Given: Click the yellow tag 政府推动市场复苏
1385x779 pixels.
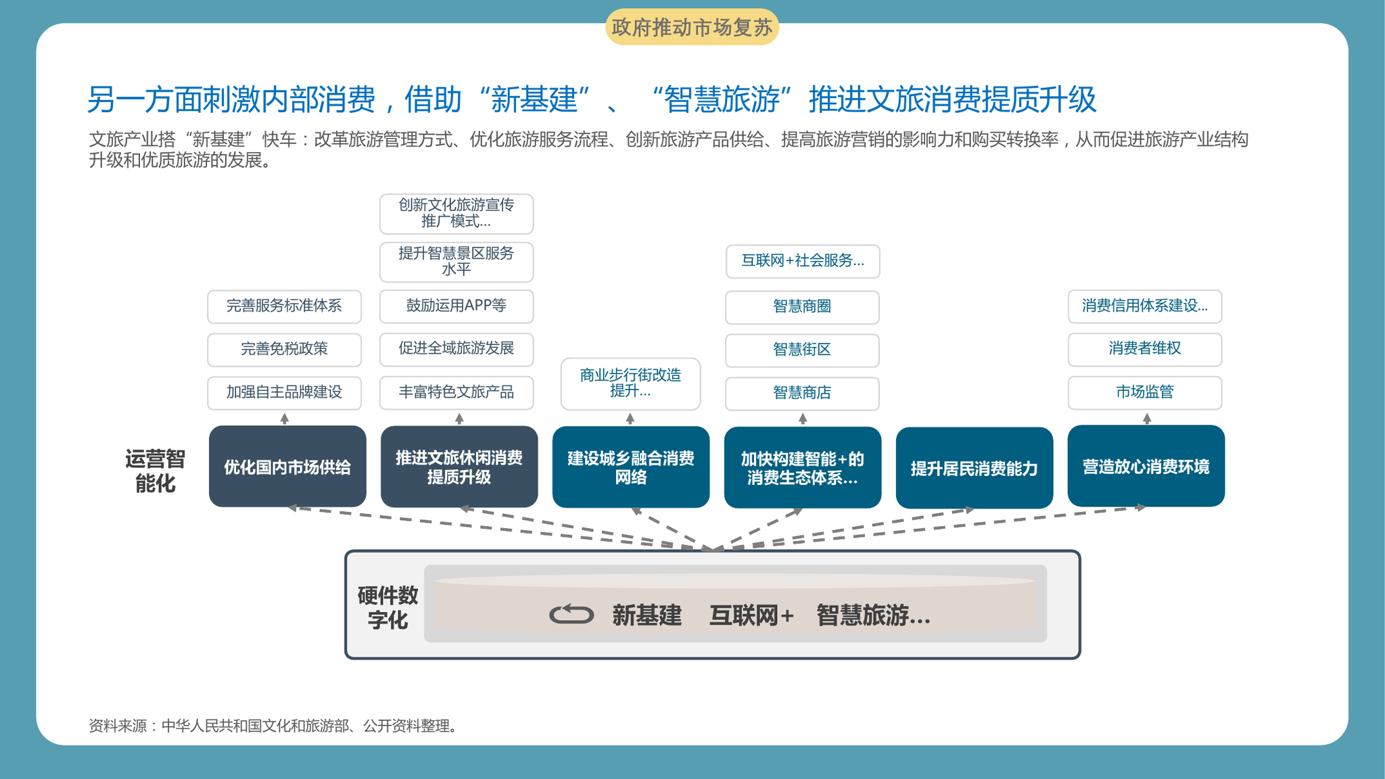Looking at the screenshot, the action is pos(692,27).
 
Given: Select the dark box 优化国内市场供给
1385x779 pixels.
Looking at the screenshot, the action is pos(287,467).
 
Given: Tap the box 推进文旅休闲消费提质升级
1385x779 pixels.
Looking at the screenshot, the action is pos(459,467).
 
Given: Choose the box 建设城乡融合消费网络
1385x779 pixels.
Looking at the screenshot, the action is pos(631,467).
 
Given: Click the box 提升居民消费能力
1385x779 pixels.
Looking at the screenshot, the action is pos(975,468).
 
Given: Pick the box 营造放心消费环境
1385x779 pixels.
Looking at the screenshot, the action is pos(1146,466).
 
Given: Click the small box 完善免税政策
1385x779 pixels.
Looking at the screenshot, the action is pos(284,350).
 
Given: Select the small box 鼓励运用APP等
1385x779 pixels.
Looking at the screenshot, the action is pos(456,306).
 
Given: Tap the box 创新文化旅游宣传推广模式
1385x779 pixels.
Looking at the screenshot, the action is pos(456,214).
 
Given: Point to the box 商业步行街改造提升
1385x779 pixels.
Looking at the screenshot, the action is pos(631,383).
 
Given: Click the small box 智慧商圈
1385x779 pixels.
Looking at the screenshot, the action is pos(802,307).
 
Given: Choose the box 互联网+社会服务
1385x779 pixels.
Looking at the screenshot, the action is pos(803,261).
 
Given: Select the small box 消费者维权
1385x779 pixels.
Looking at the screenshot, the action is pos(1145,349).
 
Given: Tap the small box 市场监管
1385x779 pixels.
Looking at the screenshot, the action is pos(1145,392).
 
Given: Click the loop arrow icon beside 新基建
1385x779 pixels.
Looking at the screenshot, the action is pos(571,614).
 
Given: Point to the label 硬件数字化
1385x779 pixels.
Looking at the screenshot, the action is pos(388,607).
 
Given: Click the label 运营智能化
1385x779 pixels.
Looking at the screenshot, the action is pos(155,471).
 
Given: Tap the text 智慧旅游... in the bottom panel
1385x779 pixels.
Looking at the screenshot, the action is pos(873,615).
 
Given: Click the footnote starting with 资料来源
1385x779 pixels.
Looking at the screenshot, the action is pos(275,726).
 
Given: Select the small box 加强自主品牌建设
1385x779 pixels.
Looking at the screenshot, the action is pos(284,393).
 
